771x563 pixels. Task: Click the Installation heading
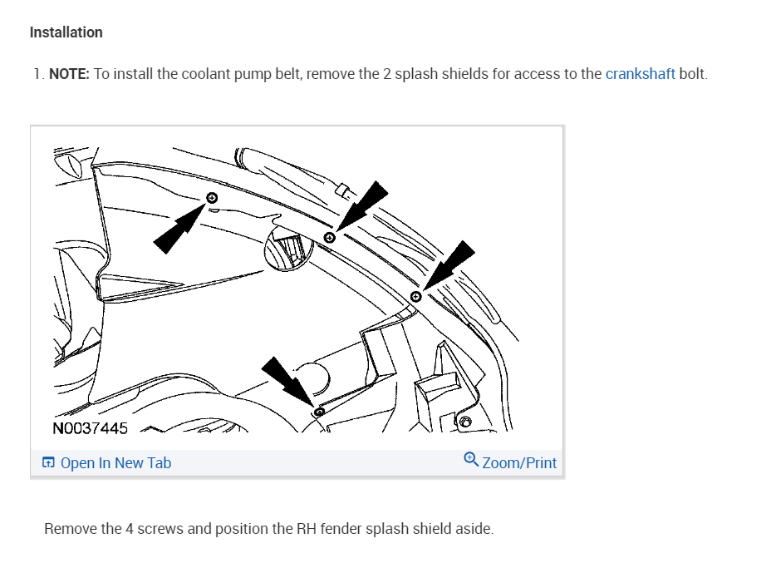click(66, 32)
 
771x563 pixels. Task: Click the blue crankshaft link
click(640, 73)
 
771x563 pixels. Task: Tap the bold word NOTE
click(69, 73)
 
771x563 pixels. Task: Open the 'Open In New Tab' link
click(115, 463)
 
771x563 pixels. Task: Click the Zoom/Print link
click(519, 463)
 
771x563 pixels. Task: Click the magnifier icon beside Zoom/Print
click(471, 460)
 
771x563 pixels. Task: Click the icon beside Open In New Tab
click(49, 463)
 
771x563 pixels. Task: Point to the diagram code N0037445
click(90, 429)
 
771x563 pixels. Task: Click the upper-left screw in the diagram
click(212, 198)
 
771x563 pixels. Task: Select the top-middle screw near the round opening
click(329, 238)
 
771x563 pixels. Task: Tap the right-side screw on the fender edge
click(416, 297)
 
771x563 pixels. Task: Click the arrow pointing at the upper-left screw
click(178, 229)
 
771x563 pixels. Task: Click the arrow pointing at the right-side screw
click(449, 264)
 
